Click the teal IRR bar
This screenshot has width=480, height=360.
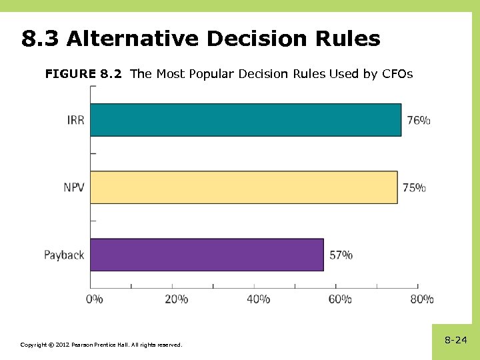tap(245, 120)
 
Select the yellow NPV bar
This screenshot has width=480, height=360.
tap(243, 187)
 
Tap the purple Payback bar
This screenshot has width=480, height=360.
tap(207, 255)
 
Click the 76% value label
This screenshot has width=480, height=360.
tap(419, 121)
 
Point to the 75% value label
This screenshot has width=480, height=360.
tap(414, 188)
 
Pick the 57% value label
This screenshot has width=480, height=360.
tap(341, 255)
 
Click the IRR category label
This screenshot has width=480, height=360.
tap(75, 121)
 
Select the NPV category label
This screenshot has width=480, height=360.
tap(74, 188)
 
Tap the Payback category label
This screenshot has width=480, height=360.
tap(64, 255)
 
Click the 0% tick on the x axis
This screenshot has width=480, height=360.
tap(95, 299)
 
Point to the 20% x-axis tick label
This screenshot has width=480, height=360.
tap(176, 299)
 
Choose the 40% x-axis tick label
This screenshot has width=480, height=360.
tap(258, 299)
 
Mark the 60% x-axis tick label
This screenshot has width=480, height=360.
tap(339, 299)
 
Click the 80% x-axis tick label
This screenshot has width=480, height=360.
tap(421, 299)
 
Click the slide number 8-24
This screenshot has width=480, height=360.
tap(456, 341)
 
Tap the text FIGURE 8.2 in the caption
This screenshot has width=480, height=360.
tap(83, 74)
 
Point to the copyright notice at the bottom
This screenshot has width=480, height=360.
tap(101, 345)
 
